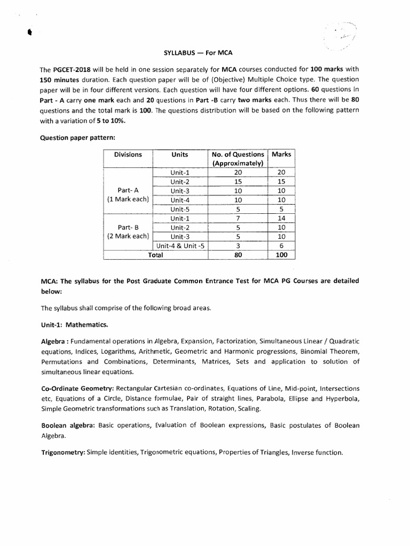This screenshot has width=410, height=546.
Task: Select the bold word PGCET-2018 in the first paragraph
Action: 73,70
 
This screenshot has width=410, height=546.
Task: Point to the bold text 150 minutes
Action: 60,79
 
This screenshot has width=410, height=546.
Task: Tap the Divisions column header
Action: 128,155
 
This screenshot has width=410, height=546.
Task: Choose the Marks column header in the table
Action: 281,155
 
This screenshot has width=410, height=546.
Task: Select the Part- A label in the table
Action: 128,190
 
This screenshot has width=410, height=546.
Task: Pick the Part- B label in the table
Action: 128,227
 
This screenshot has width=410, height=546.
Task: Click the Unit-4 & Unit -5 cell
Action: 180,246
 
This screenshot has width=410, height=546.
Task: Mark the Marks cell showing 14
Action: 281,218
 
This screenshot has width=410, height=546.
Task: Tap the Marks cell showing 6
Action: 281,246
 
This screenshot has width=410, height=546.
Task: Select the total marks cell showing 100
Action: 281,255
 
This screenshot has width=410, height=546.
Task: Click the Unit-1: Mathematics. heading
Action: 74,324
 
